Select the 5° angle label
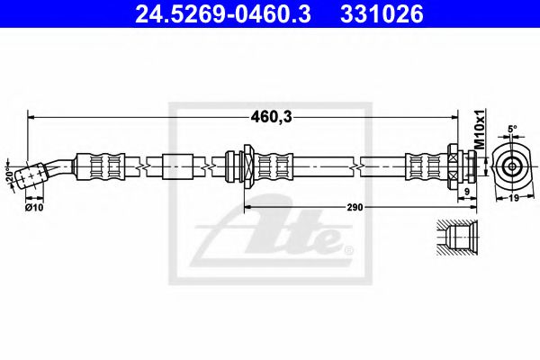[512, 129]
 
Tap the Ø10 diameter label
[35, 208]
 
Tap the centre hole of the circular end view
[511, 166]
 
